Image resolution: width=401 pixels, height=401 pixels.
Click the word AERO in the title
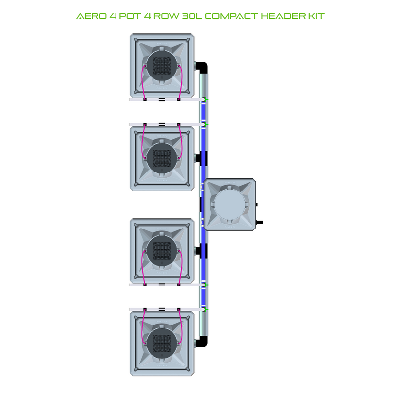[90, 16]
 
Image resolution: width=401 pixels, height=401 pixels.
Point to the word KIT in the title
[316, 16]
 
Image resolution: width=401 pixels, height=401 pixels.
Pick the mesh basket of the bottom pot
[162, 343]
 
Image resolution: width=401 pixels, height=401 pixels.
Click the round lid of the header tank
[229, 205]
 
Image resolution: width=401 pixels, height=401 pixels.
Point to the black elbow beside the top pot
[201, 67]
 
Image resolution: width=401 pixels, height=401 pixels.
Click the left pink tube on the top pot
[142, 80]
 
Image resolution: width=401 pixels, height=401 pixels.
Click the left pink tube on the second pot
[142, 144]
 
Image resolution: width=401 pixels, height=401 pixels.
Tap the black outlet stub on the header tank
[259, 222]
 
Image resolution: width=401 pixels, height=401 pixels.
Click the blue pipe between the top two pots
[203, 112]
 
